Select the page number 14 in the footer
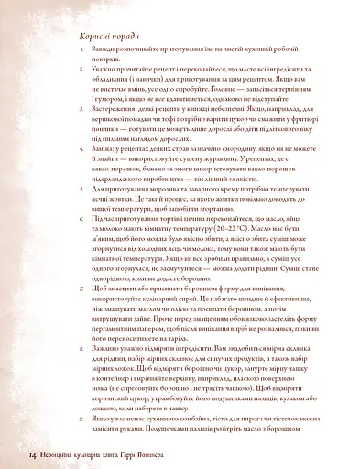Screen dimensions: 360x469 point(32,453)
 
